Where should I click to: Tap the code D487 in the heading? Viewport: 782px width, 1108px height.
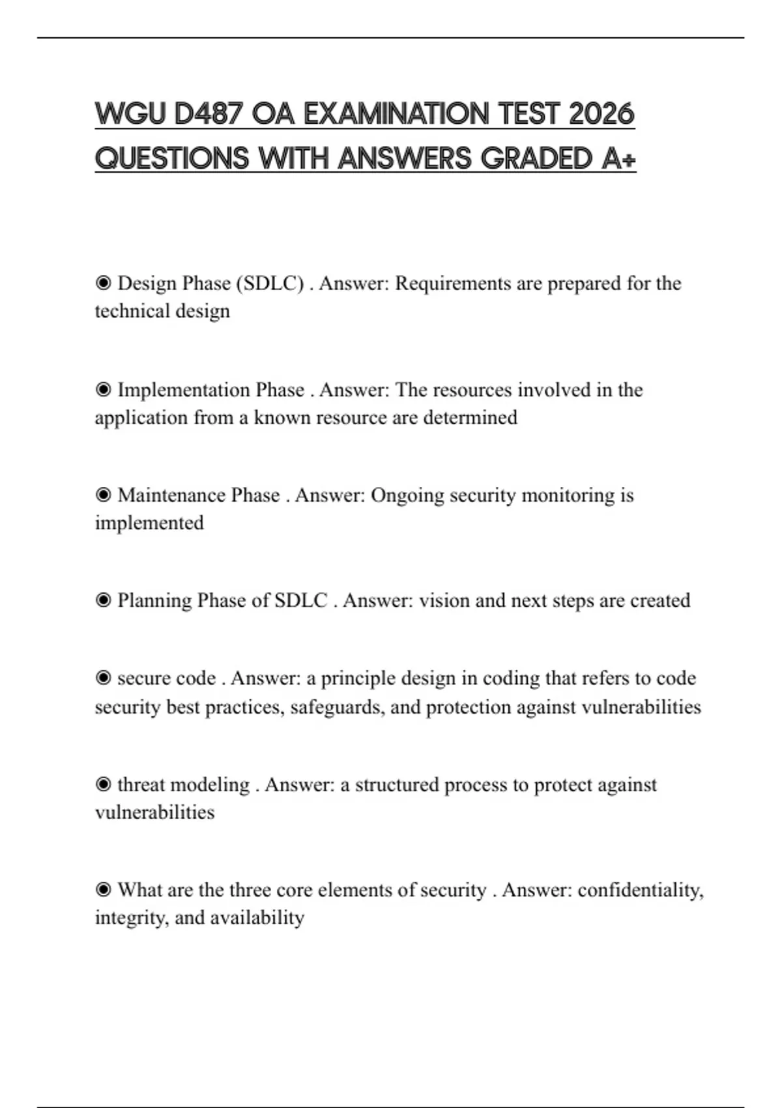click(208, 114)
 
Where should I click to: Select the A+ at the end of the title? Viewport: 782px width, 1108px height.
click(618, 158)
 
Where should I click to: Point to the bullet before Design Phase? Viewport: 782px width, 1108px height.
click(103, 284)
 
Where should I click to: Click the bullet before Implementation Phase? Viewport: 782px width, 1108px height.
click(103, 390)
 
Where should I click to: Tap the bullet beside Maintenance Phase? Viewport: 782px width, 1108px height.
click(103, 495)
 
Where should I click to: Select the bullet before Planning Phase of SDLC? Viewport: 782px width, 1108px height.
click(103, 600)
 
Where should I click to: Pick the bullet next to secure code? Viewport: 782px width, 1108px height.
click(103, 678)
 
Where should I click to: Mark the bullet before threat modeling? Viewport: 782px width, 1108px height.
click(103, 785)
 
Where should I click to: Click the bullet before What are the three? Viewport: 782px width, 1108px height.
click(103, 890)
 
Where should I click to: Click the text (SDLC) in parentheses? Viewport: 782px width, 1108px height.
click(270, 284)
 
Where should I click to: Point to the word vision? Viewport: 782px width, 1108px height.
click(444, 600)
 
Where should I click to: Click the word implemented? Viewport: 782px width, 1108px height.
click(149, 523)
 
